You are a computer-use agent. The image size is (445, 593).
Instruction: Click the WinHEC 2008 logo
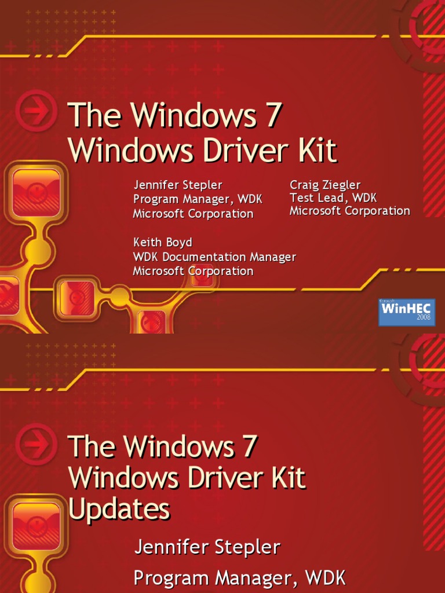coord(407,312)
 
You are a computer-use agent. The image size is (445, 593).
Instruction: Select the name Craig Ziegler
coord(325,185)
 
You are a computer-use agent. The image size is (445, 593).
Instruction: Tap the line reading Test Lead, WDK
coord(333,198)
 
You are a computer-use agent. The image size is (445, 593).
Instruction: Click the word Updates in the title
coord(119,510)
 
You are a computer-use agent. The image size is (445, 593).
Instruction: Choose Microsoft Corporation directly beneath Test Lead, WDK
coord(349,211)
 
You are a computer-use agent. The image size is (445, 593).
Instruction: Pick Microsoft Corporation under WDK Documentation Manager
coord(193,271)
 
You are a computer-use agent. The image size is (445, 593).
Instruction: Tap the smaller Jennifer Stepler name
coord(178,185)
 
